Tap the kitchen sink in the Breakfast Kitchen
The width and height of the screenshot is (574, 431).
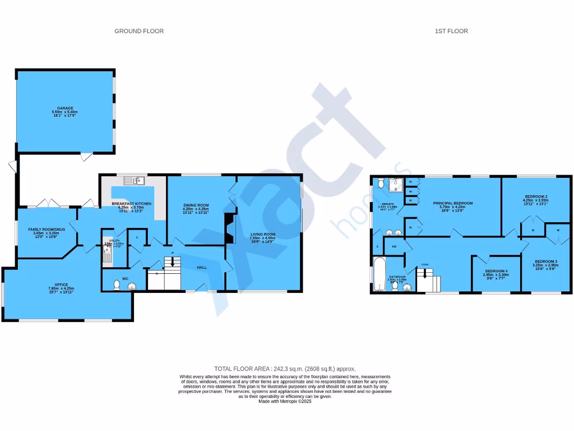click(135, 180)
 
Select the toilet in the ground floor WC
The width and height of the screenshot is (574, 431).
click(117, 286)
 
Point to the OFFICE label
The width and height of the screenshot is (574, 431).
click(61, 285)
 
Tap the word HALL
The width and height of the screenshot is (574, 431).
click(202, 268)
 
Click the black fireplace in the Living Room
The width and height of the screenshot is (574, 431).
click(229, 228)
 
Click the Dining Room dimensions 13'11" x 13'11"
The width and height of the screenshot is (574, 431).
click(196, 213)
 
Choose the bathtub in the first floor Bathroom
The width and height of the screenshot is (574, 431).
click(378, 274)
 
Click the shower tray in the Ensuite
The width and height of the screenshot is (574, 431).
click(397, 184)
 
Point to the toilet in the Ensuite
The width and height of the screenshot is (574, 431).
click(381, 182)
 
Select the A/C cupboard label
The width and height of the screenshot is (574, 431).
click(394, 246)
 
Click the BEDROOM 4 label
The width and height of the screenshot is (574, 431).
click(496, 272)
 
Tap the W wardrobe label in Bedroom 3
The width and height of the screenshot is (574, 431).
click(558, 230)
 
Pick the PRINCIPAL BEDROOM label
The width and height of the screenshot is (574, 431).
click(452, 203)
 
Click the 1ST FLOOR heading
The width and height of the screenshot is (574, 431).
click(451, 31)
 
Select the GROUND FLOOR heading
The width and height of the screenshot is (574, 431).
click(139, 31)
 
